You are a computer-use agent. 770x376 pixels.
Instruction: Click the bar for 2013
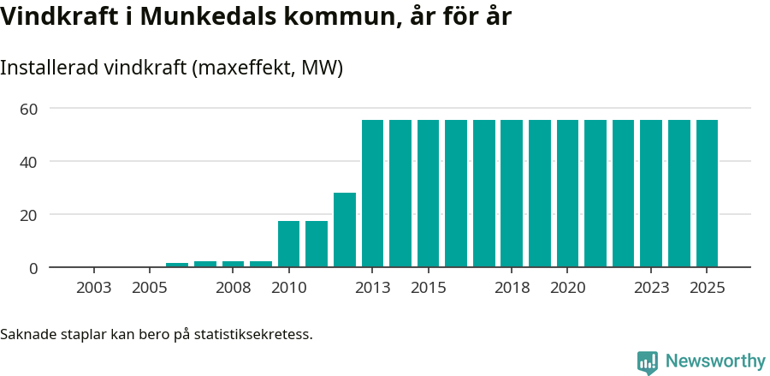pos(372,194)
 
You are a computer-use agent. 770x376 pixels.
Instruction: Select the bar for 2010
pos(288,244)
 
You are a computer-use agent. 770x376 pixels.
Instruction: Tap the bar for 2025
pos(707,194)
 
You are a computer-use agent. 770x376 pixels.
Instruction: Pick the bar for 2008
pos(233,264)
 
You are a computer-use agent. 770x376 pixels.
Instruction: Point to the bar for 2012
pos(345,230)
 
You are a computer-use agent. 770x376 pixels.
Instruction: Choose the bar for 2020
pos(567,194)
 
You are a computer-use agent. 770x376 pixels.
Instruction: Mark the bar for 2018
pos(512,194)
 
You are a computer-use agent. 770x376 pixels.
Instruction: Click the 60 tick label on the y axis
pos(29,109)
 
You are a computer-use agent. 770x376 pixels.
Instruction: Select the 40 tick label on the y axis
pos(29,162)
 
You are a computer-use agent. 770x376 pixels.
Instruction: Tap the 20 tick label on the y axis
pos(29,215)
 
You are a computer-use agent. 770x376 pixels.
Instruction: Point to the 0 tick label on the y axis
pos(33,268)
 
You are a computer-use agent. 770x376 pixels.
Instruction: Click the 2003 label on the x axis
pos(93,288)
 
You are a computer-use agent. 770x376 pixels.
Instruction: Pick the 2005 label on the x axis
pos(149,288)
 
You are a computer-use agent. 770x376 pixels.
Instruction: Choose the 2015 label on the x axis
pos(428,288)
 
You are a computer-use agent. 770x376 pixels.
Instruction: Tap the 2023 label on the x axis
pos(651,288)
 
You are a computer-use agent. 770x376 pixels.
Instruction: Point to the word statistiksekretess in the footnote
pos(253,334)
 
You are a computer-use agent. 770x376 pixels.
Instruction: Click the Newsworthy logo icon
pos(648,362)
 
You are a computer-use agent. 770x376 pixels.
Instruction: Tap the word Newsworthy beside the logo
pos(714,361)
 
